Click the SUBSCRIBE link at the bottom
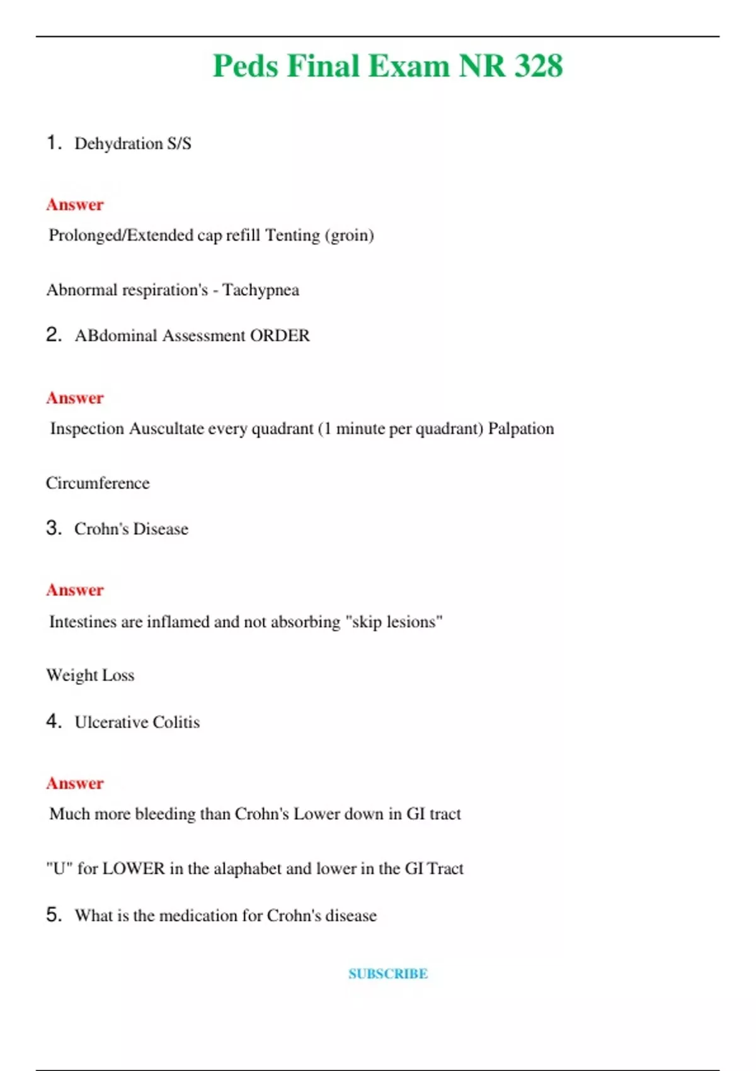tap(388, 973)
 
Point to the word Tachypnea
tap(260, 290)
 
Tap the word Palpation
tap(521, 428)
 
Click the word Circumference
tap(98, 483)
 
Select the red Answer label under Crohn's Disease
tap(75, 590)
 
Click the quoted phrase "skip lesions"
tap(394, 622)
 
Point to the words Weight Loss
tap(90, 675)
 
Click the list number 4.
tap(53, 721)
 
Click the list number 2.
tap(53, 335)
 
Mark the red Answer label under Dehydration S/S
tap(75, 205)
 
